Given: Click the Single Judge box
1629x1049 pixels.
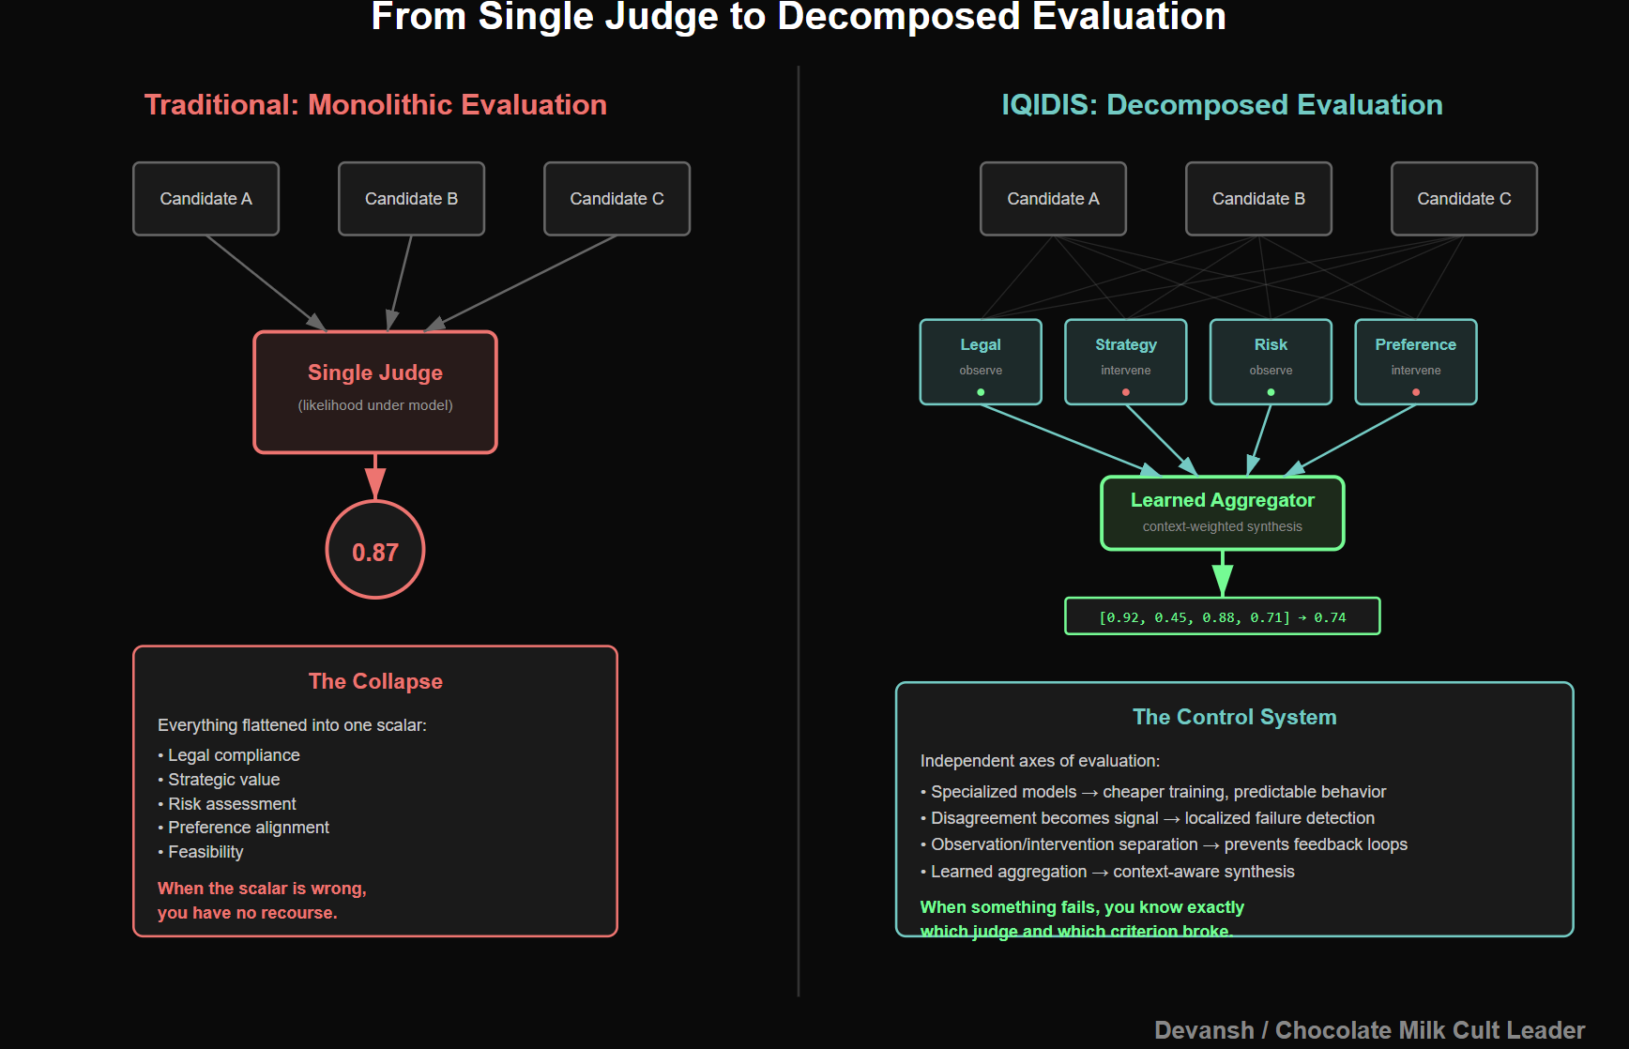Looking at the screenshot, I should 375,392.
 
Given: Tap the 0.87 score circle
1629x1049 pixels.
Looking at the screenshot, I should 375,551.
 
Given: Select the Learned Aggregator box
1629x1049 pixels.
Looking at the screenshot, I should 1222,512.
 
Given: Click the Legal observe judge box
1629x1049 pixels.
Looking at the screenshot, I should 981,361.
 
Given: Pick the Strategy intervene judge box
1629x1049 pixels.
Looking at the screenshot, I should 1125,361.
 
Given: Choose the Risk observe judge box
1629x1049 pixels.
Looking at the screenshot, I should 1271,361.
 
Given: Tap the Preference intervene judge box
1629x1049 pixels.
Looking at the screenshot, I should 1415,361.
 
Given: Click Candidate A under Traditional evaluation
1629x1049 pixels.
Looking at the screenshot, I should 206,199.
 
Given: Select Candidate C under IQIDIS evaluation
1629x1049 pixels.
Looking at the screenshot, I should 1464,199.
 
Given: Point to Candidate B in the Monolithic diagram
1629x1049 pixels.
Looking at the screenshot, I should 411,199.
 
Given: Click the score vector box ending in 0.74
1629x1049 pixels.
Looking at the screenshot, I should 1222,616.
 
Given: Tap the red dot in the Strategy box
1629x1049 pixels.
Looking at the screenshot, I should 1126,392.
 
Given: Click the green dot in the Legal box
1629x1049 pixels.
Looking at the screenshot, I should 981,392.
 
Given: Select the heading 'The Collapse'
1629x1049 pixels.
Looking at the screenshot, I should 375,681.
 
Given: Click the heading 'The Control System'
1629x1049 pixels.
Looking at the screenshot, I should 1234,717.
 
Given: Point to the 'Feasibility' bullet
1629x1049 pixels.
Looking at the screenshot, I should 206,852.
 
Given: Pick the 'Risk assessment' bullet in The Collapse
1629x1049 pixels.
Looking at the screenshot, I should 232,804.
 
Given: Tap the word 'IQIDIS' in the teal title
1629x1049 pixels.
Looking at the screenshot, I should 1048,105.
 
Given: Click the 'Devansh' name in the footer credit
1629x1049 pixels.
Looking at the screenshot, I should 1204,1030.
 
